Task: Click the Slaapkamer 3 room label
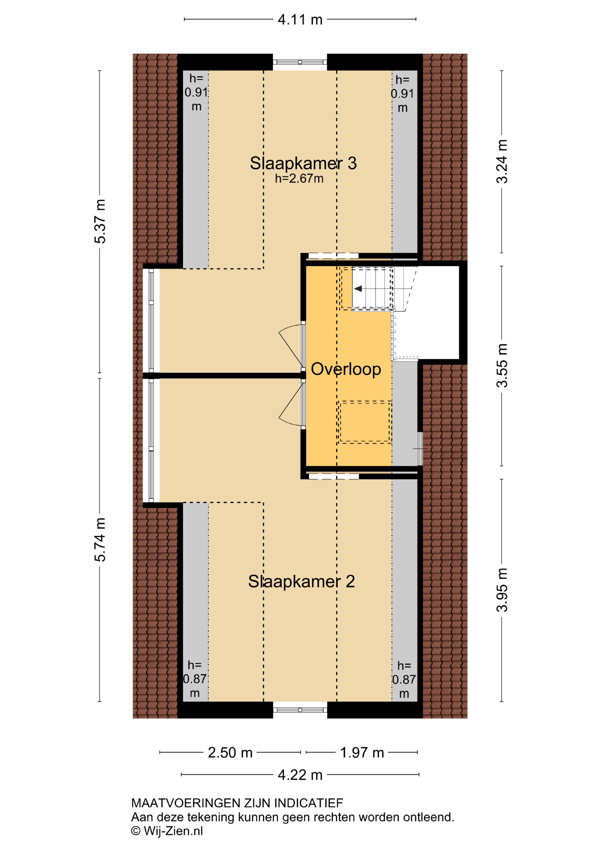(303, 163)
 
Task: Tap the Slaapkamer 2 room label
(301, 582)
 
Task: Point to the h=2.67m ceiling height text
(299, 179)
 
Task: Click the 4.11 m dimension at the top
(300, 20)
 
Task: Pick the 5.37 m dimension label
(100, 221)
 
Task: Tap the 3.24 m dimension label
(502, 161)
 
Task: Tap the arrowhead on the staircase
(358, 289)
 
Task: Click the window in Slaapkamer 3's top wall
(300, 62)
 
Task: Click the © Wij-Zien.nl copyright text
(167, 831)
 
